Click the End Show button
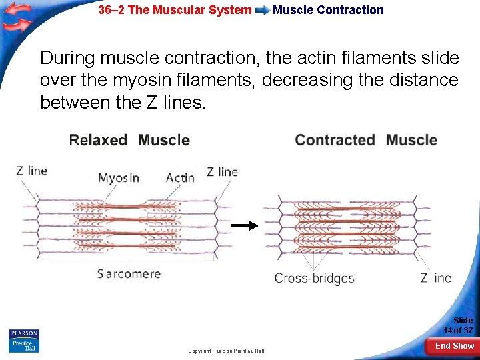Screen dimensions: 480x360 tap(454, 345)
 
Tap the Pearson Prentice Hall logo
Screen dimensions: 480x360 tap(24, 341)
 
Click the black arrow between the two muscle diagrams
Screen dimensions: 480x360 tap(244, 226)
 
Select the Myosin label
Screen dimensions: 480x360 tap(119, 178)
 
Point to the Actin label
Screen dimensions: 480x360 tap(180, 177)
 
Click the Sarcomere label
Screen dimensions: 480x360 tap(129, 273)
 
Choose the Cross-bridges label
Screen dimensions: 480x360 tap(314, 278)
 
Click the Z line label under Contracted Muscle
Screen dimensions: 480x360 tap(436, 278)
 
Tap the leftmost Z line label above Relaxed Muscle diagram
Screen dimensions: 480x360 tap(32, 171)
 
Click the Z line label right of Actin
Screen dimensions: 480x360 tap(222, 172)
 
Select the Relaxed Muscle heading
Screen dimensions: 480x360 tap(129, 140)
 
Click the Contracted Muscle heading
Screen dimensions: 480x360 tap(366, 140)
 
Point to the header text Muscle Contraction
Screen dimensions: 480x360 tap(328, 10)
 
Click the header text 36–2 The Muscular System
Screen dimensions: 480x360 tap(175, 10)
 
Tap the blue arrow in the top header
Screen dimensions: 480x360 tap(263, 11)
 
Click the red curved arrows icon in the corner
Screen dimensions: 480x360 tap(17, 17)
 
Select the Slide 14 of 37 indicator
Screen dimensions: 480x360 tap(458, 325)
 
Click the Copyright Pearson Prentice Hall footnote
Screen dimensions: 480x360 tap(226, 351)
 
